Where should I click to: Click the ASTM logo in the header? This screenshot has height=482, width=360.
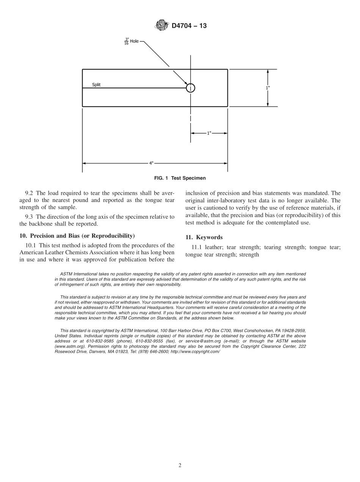(x=161, y=25)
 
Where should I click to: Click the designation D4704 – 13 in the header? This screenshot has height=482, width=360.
(x=189, y=26)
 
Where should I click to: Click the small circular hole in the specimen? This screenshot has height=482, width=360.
(x=191, y=88)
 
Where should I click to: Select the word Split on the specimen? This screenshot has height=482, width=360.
(x=96, y=85)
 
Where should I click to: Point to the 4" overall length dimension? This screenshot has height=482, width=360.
(x=151, y=163)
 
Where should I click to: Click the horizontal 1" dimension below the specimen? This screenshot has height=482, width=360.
(x=209, y=133)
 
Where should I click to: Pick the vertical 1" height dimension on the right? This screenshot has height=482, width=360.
(x=268, y=88)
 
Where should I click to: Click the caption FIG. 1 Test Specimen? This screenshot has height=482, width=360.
(x=180, y=178)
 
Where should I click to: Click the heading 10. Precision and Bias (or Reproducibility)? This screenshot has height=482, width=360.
(x=77, y=236)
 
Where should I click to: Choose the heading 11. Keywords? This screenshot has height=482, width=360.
(x=204, y=237)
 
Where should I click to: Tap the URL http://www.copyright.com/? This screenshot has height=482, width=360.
(x=195, y=352)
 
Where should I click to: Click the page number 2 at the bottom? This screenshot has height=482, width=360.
(x=180, y=465)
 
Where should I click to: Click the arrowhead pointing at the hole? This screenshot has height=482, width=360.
(x=186, y=83)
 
